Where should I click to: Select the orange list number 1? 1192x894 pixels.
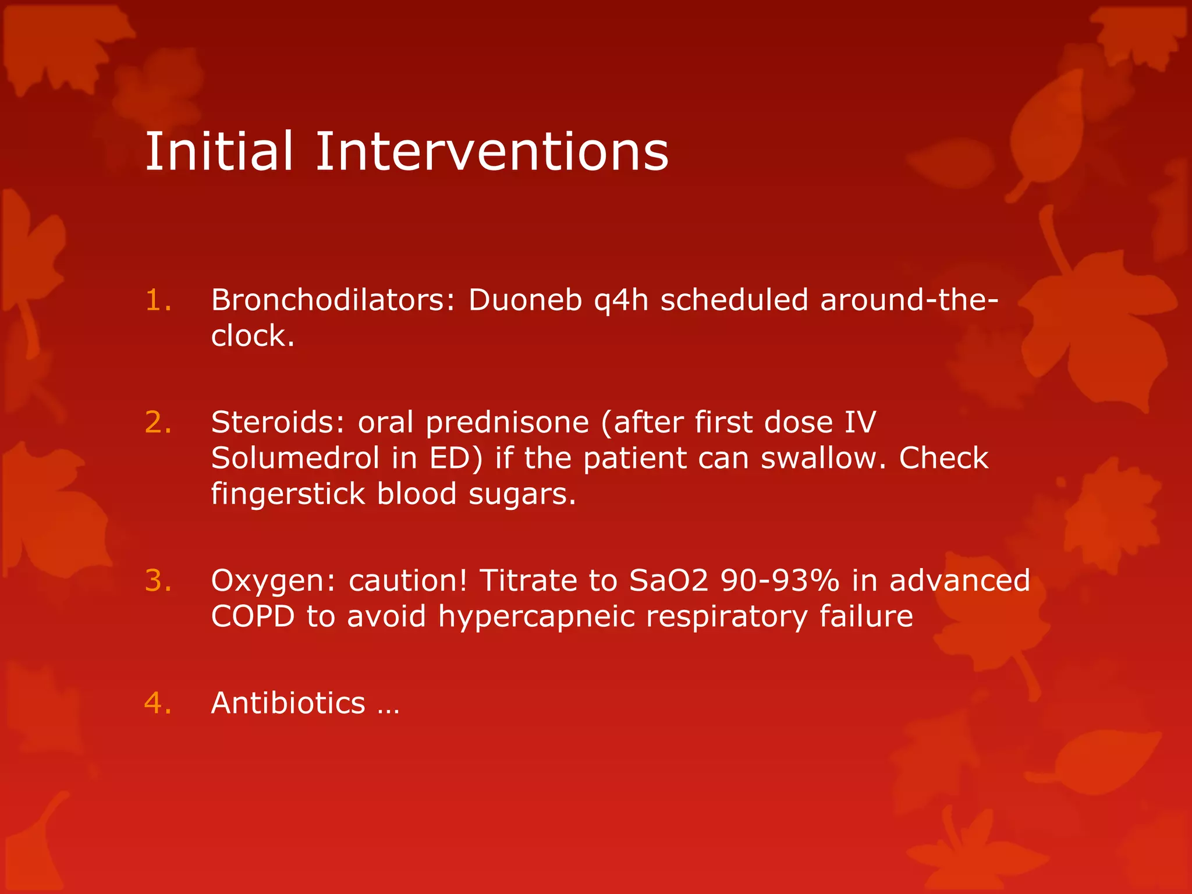[x=158, y=300]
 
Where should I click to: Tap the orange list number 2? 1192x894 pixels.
[x=158, y=423]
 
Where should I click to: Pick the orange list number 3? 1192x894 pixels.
[x=158, y=581]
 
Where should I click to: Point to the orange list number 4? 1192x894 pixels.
[x=158, y=703]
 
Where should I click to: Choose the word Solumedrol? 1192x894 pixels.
[x=295, y=458]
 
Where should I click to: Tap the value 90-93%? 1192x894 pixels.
[x=780, y=581]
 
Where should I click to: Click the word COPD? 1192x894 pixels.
[x=253, y=616]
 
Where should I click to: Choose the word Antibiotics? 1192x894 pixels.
[x=288, y=703]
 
